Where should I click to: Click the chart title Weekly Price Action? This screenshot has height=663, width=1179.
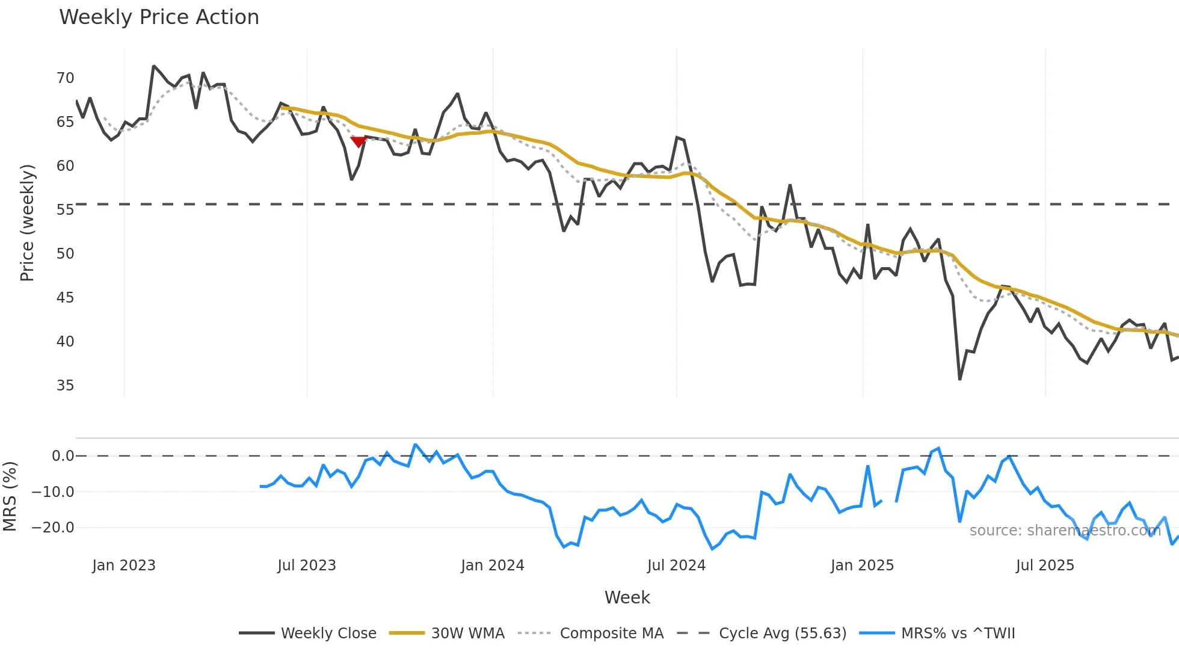(x=159, y=17)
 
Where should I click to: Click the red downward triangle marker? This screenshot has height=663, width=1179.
(x=359, y=142)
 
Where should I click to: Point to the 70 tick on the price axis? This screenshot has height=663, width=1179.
(x=65, y=78)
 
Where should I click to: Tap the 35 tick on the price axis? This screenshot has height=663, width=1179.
(x=65, y=386)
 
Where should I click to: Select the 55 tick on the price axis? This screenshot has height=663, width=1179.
(x=65, y=210)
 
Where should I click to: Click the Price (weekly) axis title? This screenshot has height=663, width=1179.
(x=27, y=223)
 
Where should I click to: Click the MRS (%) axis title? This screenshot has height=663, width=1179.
(x=10, y=496)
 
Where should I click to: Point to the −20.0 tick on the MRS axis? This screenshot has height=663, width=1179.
(x=53, y=528)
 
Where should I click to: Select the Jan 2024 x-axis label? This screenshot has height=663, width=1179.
(x=493, y=566)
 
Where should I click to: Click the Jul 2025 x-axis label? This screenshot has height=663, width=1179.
(x=1045, y=566)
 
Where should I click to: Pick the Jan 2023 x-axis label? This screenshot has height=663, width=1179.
(x=124, y=566)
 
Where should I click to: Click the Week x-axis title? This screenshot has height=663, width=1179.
(x=627, y=597)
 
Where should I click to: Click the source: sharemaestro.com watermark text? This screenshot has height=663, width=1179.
(x=1065, y=531)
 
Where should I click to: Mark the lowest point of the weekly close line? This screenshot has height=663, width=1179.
(x=960, y=379)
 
